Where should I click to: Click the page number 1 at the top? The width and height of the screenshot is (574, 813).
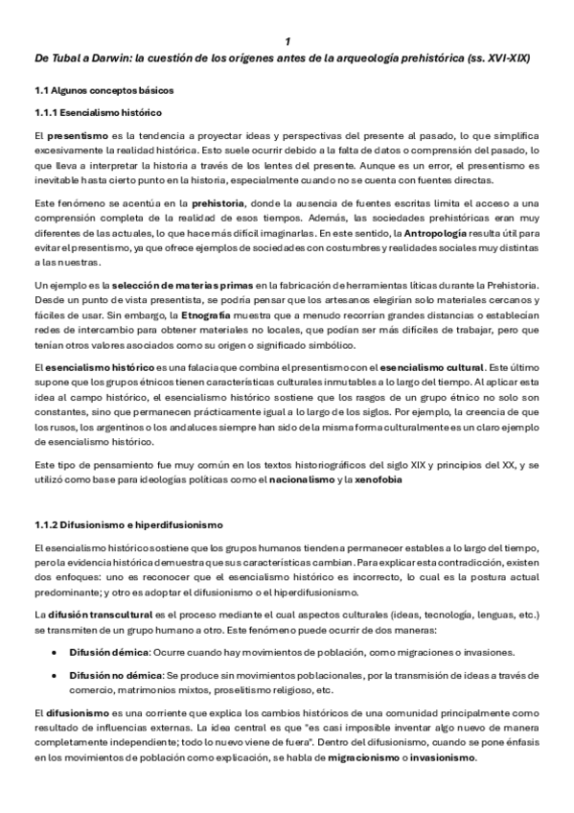[x=287, y=42]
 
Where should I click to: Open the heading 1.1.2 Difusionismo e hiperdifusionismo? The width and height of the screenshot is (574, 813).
[x=127, y=524]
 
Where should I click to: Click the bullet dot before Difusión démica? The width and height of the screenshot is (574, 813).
[x=57, y=651]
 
